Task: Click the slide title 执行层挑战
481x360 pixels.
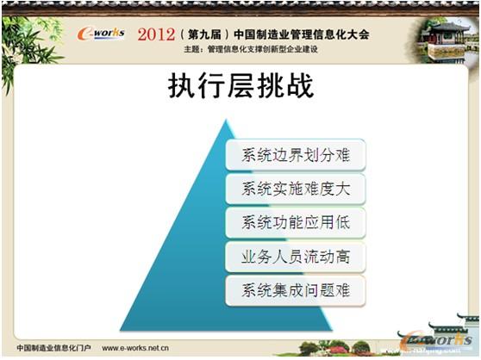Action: click(240, 88)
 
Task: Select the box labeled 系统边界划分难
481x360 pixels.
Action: click(295, 156)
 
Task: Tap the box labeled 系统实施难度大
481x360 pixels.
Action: click(295, 189)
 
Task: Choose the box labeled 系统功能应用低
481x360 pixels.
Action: click(295, 222)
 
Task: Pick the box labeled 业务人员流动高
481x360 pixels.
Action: click(295, 256)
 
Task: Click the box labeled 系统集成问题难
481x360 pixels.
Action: click(295, 289)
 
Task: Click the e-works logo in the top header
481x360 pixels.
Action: click(101, 34)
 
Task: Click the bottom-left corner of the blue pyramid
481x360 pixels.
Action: click(122, 330)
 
